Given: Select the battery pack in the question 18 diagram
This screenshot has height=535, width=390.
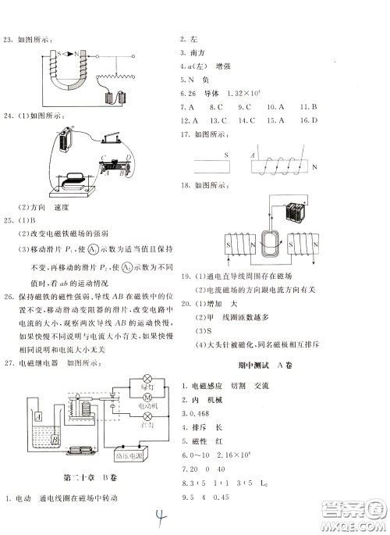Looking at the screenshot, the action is coord(298,212).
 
